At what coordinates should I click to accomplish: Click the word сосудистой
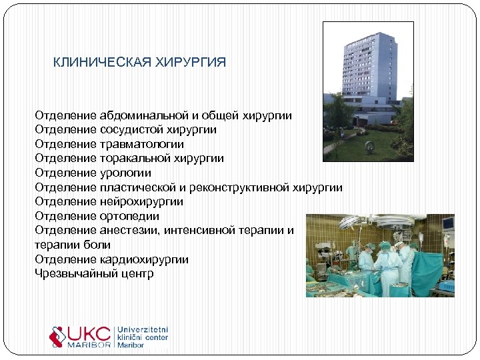pos(130,130)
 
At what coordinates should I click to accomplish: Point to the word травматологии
pos(141,144)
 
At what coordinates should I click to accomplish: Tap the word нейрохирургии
pos(141,201)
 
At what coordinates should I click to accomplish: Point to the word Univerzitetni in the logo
pos(143,330)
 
